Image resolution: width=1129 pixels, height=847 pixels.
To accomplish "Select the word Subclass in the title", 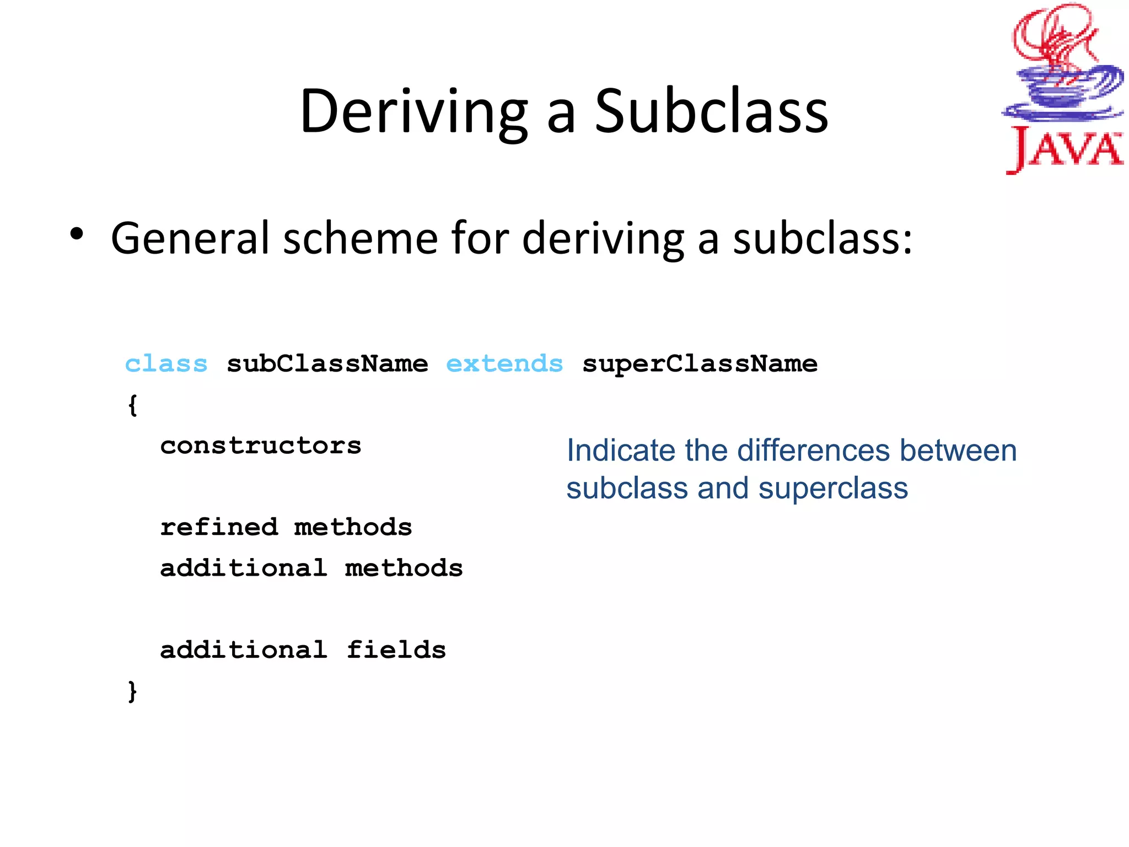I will click(711, 112).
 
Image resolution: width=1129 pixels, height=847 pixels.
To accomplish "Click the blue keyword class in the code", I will click(166, 364).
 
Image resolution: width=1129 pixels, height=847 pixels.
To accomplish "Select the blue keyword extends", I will click(504, 364).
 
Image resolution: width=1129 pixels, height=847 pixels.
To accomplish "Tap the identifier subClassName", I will click(327, 364).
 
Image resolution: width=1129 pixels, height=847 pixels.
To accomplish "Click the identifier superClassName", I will click(700, 364).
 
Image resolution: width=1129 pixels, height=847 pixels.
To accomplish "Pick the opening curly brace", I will click(132, 405).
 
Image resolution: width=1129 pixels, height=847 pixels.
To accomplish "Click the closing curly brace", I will click(132, 691).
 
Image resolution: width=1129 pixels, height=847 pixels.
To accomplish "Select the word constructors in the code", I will click(260, 446).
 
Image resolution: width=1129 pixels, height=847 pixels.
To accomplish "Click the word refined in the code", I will click(219, 527).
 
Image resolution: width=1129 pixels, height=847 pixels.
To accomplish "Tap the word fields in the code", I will click(396, 650).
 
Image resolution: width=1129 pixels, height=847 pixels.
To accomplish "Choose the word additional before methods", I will click(243, 568).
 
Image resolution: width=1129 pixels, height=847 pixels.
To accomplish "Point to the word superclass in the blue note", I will click(833, 489).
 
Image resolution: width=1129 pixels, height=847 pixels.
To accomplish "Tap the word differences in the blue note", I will click(814, 451).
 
